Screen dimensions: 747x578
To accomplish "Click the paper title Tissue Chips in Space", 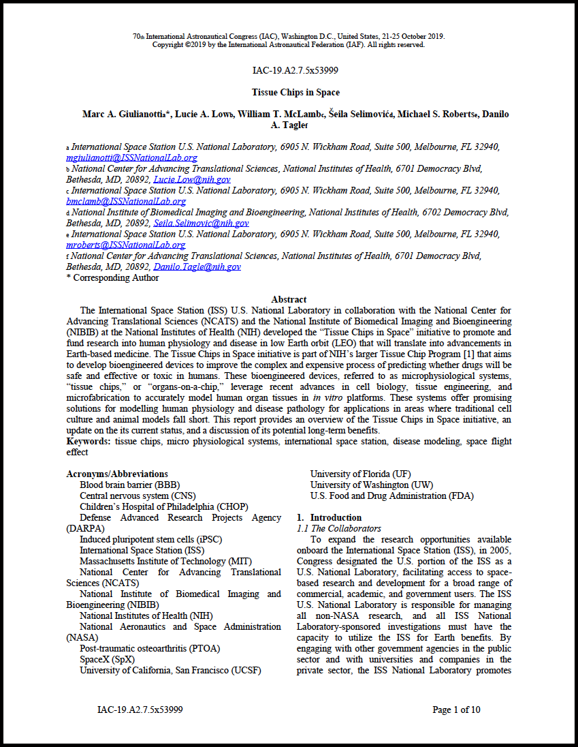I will point(295,92).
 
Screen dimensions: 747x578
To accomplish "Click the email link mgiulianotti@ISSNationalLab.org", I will point(131,157).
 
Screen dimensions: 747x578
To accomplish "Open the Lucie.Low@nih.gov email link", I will point(192,179).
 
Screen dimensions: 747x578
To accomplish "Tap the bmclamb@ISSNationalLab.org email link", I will point(125,201).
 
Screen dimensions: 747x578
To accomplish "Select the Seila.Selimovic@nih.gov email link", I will point(201,223).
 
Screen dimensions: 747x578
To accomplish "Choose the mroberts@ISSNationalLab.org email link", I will point(125,245).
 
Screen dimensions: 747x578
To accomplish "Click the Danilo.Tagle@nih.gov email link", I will point(197,266).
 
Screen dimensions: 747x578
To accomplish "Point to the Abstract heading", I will point(289,299).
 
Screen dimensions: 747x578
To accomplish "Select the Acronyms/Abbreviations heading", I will point(116,474).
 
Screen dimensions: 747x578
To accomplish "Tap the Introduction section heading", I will point(332,517).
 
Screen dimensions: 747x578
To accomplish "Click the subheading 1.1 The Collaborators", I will point(338,528).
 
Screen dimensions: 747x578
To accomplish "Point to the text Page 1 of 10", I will point(456,710).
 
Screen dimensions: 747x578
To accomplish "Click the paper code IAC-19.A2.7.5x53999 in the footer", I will point(140,710).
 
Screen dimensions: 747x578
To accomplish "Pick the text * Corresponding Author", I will point(112,277).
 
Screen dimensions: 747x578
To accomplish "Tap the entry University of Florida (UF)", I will point(360,474).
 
